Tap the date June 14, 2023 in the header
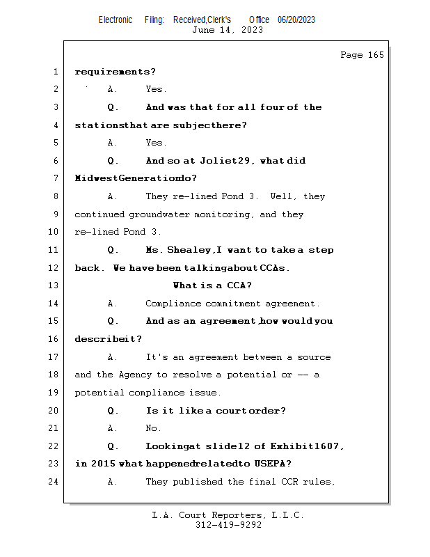coord(228,30)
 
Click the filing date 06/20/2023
coord(296,19)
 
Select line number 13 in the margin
coord(55,285)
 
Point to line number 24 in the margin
coord(55,481)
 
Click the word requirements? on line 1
coord(115,72)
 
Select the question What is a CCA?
coord(212,285)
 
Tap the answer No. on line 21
coord(153,428)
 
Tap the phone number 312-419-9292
coord(228,525)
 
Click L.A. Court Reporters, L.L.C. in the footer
coord(228,515)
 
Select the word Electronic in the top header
coord(116,19)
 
